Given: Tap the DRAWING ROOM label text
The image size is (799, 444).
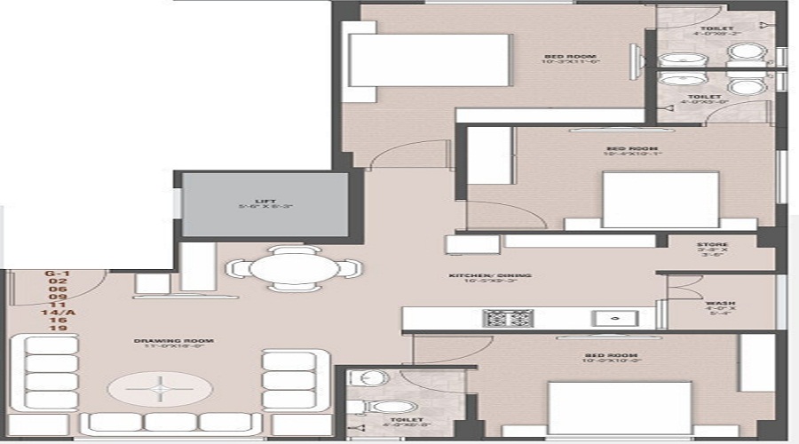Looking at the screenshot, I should click(x=162, y=341).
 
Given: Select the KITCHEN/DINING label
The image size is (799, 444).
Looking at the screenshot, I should click(x=489, y=276).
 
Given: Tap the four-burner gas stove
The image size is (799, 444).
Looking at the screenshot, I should click(x=508, y=318).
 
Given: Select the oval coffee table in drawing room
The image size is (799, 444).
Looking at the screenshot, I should click(x=161, y=387).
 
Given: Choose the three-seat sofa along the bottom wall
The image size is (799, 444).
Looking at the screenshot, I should click(x=172, y=423).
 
